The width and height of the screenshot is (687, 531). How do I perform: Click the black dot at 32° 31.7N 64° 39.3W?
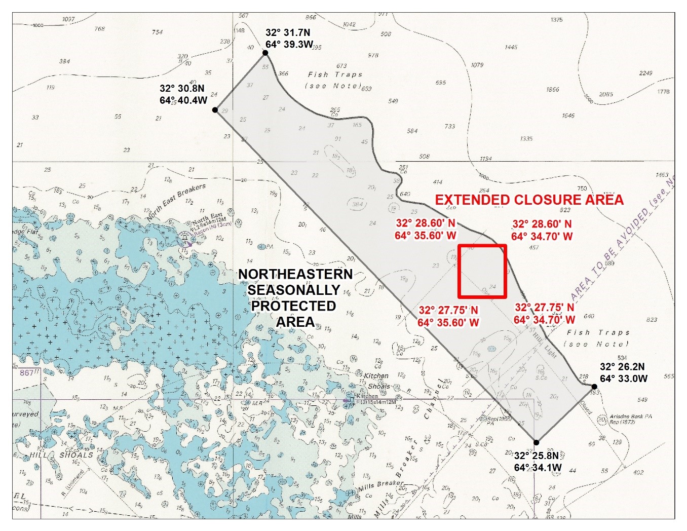click(x=265, y=53)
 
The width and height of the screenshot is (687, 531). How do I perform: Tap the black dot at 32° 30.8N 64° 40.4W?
click(x=215, y=110)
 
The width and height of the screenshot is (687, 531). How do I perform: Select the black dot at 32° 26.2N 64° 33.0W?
click(x=594, y=387)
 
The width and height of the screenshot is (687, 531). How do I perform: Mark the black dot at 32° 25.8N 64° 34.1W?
click(x=536, y=442)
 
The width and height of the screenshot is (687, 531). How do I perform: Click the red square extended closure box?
click(x=482, y=272)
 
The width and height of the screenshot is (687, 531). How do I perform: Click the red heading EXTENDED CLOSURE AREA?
click(x=529, y=200)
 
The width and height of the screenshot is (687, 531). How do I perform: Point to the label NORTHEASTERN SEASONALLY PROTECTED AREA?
click(x=295, y=298)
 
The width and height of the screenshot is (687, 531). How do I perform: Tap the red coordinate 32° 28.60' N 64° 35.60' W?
click(x=426, y=230)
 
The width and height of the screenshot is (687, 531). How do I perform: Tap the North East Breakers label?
click(x=176, y=202)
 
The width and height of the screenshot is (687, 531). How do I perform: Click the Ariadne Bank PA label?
click(x=631, y=419)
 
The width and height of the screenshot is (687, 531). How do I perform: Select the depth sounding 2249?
click(x=645, y=73)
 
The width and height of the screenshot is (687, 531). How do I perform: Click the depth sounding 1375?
click(x=556, y=20)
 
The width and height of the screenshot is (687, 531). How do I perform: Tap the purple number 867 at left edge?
click(x=26, y=373)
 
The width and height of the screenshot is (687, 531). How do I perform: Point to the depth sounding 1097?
click(x=68, y=19)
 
